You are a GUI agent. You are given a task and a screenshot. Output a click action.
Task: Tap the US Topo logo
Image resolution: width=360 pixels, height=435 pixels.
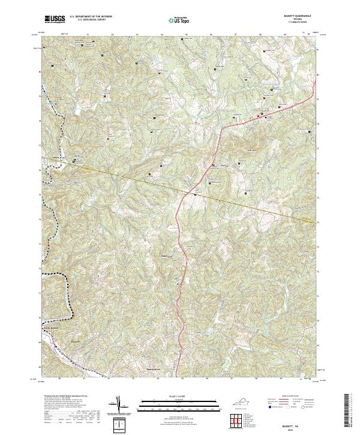click(x=176, y=20)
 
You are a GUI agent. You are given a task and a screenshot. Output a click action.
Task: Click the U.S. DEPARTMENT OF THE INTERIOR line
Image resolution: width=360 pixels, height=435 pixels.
click(x=90, y=17)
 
